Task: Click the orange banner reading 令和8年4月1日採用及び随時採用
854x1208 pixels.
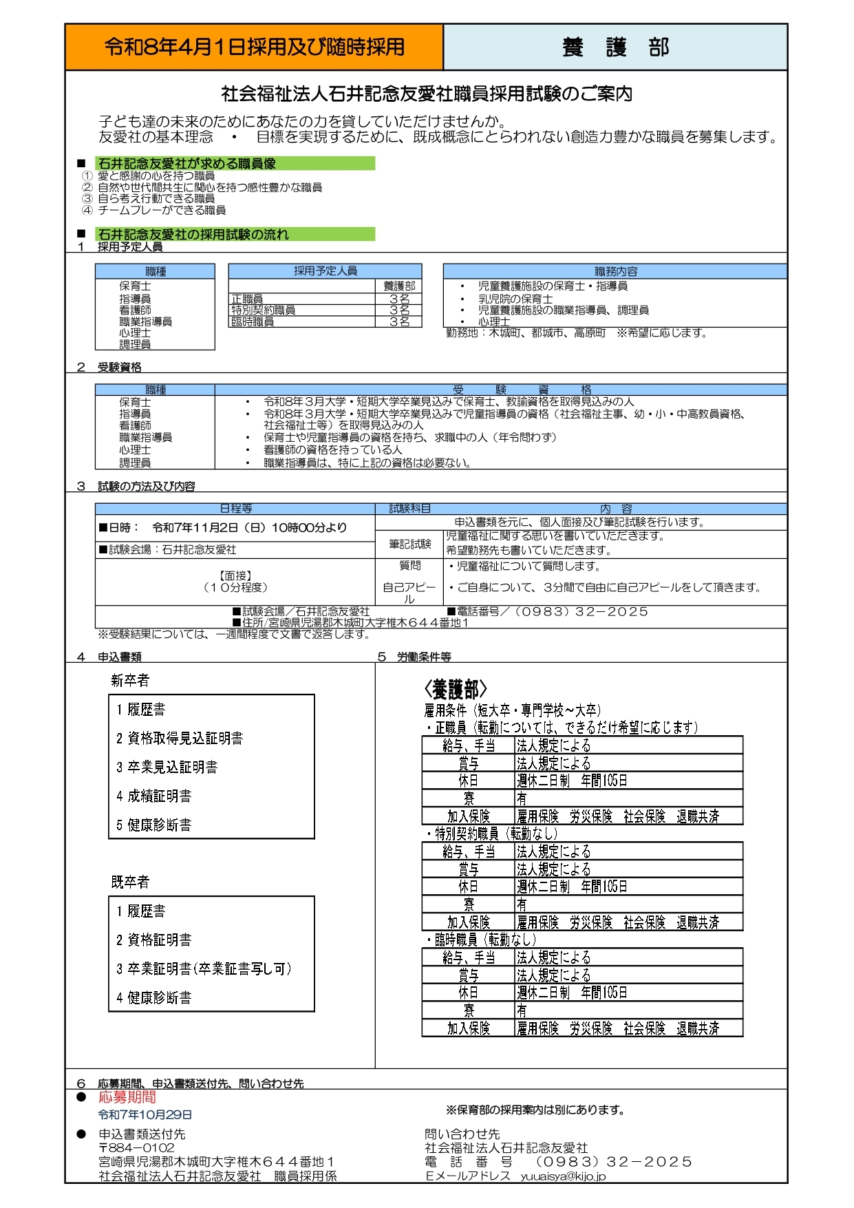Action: coord(254,47)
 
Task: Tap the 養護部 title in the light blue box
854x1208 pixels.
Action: coord(615,47)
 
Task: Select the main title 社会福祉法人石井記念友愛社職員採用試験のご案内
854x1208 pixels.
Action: coord(427,94)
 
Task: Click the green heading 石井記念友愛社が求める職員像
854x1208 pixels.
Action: coord(186,164)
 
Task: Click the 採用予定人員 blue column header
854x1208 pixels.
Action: coord(325,271)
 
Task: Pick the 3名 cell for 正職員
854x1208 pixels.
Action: coord(399,299)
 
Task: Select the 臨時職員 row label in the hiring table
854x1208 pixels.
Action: coord(253,321)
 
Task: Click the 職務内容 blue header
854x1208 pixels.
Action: coord(615,271)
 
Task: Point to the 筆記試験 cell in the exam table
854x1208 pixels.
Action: coord(409,544)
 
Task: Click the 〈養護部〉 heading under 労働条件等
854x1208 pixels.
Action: coord(455,690)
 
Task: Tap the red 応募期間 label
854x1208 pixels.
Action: coord(127,1097)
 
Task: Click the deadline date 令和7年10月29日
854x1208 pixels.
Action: coord(145,1114)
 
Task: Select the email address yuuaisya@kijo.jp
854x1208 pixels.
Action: coord(563,1176)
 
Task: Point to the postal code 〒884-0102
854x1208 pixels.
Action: coord(136,1147)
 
